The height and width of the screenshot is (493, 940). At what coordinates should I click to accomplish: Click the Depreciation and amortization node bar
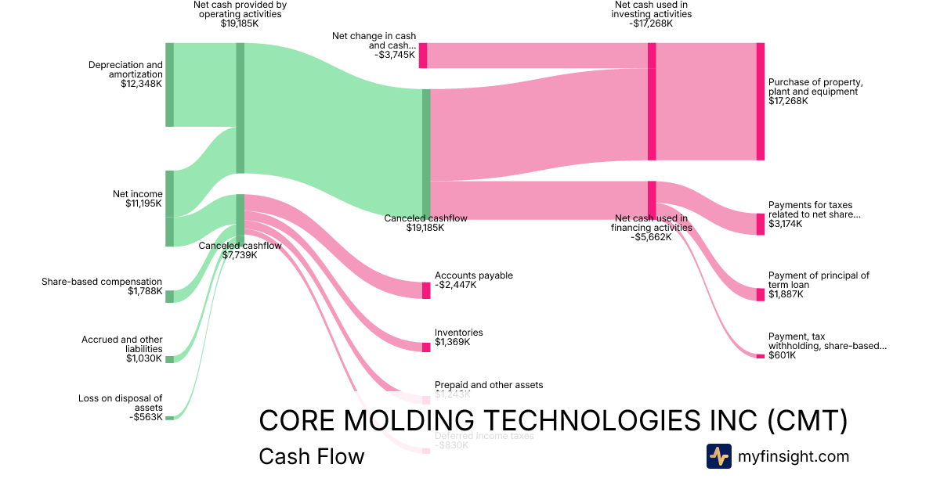pos(169,85)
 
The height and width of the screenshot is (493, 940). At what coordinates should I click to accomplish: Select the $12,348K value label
pos(141,84)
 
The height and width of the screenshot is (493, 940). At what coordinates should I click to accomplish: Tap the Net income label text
pos(138,194)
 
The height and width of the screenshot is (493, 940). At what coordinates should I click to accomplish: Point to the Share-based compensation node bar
pos(169,296)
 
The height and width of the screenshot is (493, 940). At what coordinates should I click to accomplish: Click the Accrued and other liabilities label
pos(122,344)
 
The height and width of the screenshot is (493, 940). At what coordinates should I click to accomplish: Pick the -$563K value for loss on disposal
pos(146,417)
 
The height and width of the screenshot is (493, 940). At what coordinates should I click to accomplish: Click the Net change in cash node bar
pos(423,56)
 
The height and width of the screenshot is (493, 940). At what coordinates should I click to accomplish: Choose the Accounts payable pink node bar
pos(426,290)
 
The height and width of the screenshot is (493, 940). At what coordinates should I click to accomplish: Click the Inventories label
pos(459,333)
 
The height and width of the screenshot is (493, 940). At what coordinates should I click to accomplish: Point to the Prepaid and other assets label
pos(489,385)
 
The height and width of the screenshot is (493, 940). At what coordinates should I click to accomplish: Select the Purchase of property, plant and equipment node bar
pos(760,102)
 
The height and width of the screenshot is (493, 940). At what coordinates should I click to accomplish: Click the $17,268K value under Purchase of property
pos(788,101)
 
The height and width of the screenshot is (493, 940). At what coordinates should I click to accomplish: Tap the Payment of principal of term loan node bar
pos(760,294)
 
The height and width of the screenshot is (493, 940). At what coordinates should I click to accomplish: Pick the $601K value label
pos(782,355)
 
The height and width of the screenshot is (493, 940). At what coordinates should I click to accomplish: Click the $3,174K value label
pos(785,224)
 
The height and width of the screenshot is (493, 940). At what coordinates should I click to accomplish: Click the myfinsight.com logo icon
pos(718,456)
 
